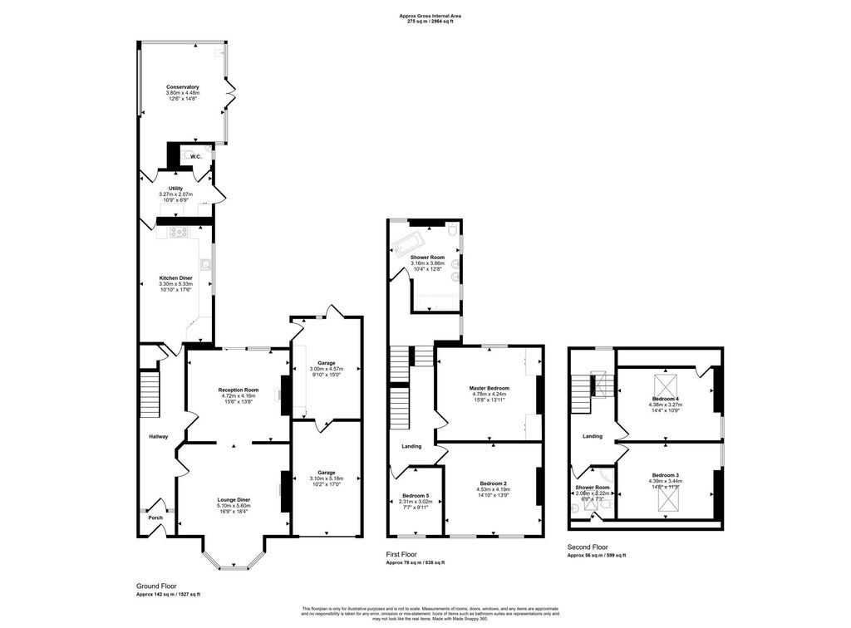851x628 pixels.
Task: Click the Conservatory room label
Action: pos(182,87)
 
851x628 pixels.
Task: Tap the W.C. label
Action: pos(196,157)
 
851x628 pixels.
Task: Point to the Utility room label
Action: pos(175,189)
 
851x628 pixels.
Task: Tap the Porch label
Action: pos(155,518)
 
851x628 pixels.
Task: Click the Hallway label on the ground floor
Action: pos(158,437)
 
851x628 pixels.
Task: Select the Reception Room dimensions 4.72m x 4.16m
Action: pos(238,396)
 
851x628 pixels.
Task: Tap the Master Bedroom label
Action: pos(489,388)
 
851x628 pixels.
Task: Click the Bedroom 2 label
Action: pos(493,483)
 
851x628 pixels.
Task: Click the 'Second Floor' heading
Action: pos(588,547)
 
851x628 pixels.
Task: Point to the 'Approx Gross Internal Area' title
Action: pos(427,16)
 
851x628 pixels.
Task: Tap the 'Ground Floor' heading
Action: pos(156,586)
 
